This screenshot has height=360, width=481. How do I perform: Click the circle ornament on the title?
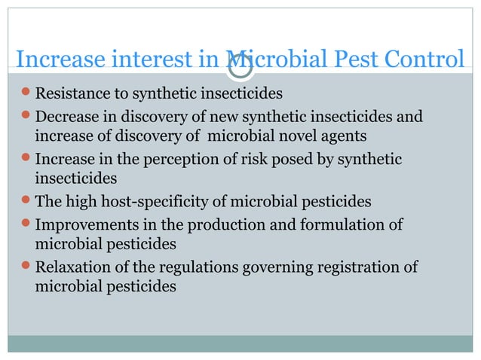(x=240, y=65)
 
